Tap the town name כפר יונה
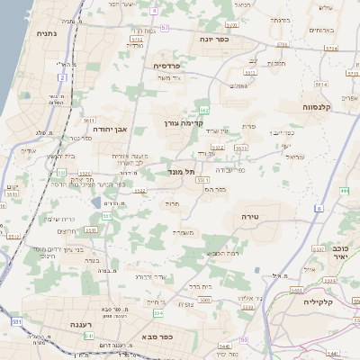click(x=216, y=39)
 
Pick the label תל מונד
click(x=181, y=170)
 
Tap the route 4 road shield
click(x=154, y=10)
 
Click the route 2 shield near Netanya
click(x=63, y=77)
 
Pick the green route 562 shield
click(x=204, y=110)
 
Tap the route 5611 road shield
click(x=88, y=120)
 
